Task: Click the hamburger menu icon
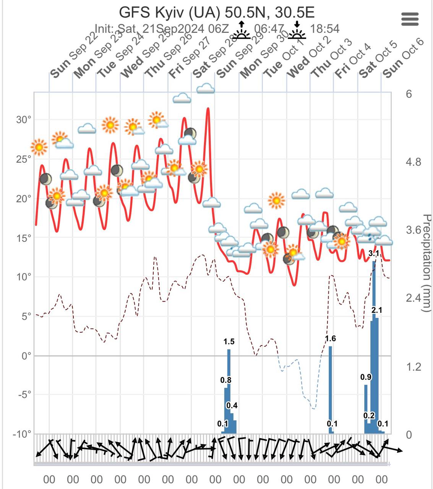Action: pyautogui.click(x=410, y=19)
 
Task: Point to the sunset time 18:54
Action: pyautogui.click(x=324, y=29)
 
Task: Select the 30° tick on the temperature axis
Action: pyautogui.click(x=24, y=120)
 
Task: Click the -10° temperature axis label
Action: pyautogui.click(x=23, y=434)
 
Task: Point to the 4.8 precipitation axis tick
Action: pyautogui.click(x=414, y=162)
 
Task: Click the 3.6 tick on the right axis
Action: pyautogui.click(x=414, y=230)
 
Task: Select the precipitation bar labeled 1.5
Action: pyautogui.click(x=229, y=390)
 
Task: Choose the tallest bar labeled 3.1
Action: pyautogui.click(x=374, y=344)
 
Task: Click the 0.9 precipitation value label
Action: pyautogui.click(x=366, y=377)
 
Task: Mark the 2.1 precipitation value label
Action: pyautogui.click(x=377, y=310)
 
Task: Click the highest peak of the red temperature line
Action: pyautogui.click(x=208, y=108)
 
